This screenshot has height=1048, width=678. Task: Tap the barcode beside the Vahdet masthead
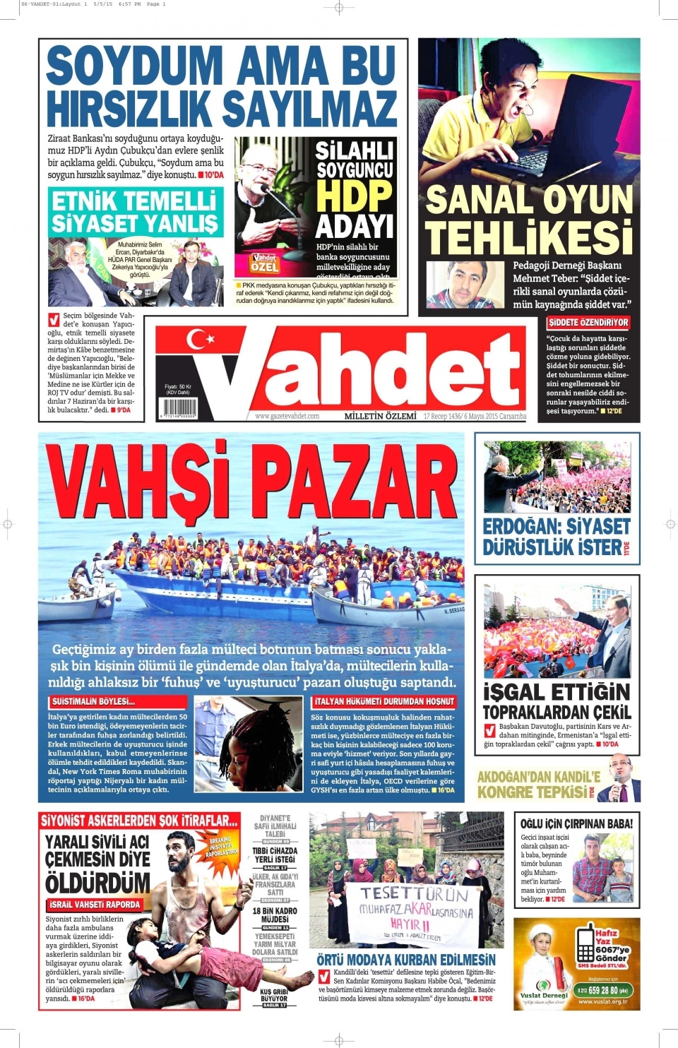pyautogui.click(x=179, y=407)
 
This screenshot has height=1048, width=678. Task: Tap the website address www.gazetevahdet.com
pyautogui.click(x=287, y=417)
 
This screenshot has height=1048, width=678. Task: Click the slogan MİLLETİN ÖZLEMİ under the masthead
pyautogui.click(x=380, y=417)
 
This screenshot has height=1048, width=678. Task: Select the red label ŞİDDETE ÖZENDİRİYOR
pyautogui.click(x=588, y=323)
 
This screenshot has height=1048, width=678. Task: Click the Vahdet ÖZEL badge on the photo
pyautogui.click(x=265, y=263)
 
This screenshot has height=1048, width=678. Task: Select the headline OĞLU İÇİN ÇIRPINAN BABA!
pyautogui.click(x=576, y=823)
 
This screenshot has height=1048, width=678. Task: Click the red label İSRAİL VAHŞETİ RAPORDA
pyautogui.click(x=95, y=905)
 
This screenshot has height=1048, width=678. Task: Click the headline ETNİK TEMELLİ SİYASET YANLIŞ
pyautogui.click(x=135, y=212)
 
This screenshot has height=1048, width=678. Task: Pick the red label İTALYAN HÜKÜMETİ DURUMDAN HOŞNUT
pyautogui.click(x=384, y=701)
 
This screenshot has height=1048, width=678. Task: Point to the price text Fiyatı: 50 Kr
pyautogui.click(x=177, y=387)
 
